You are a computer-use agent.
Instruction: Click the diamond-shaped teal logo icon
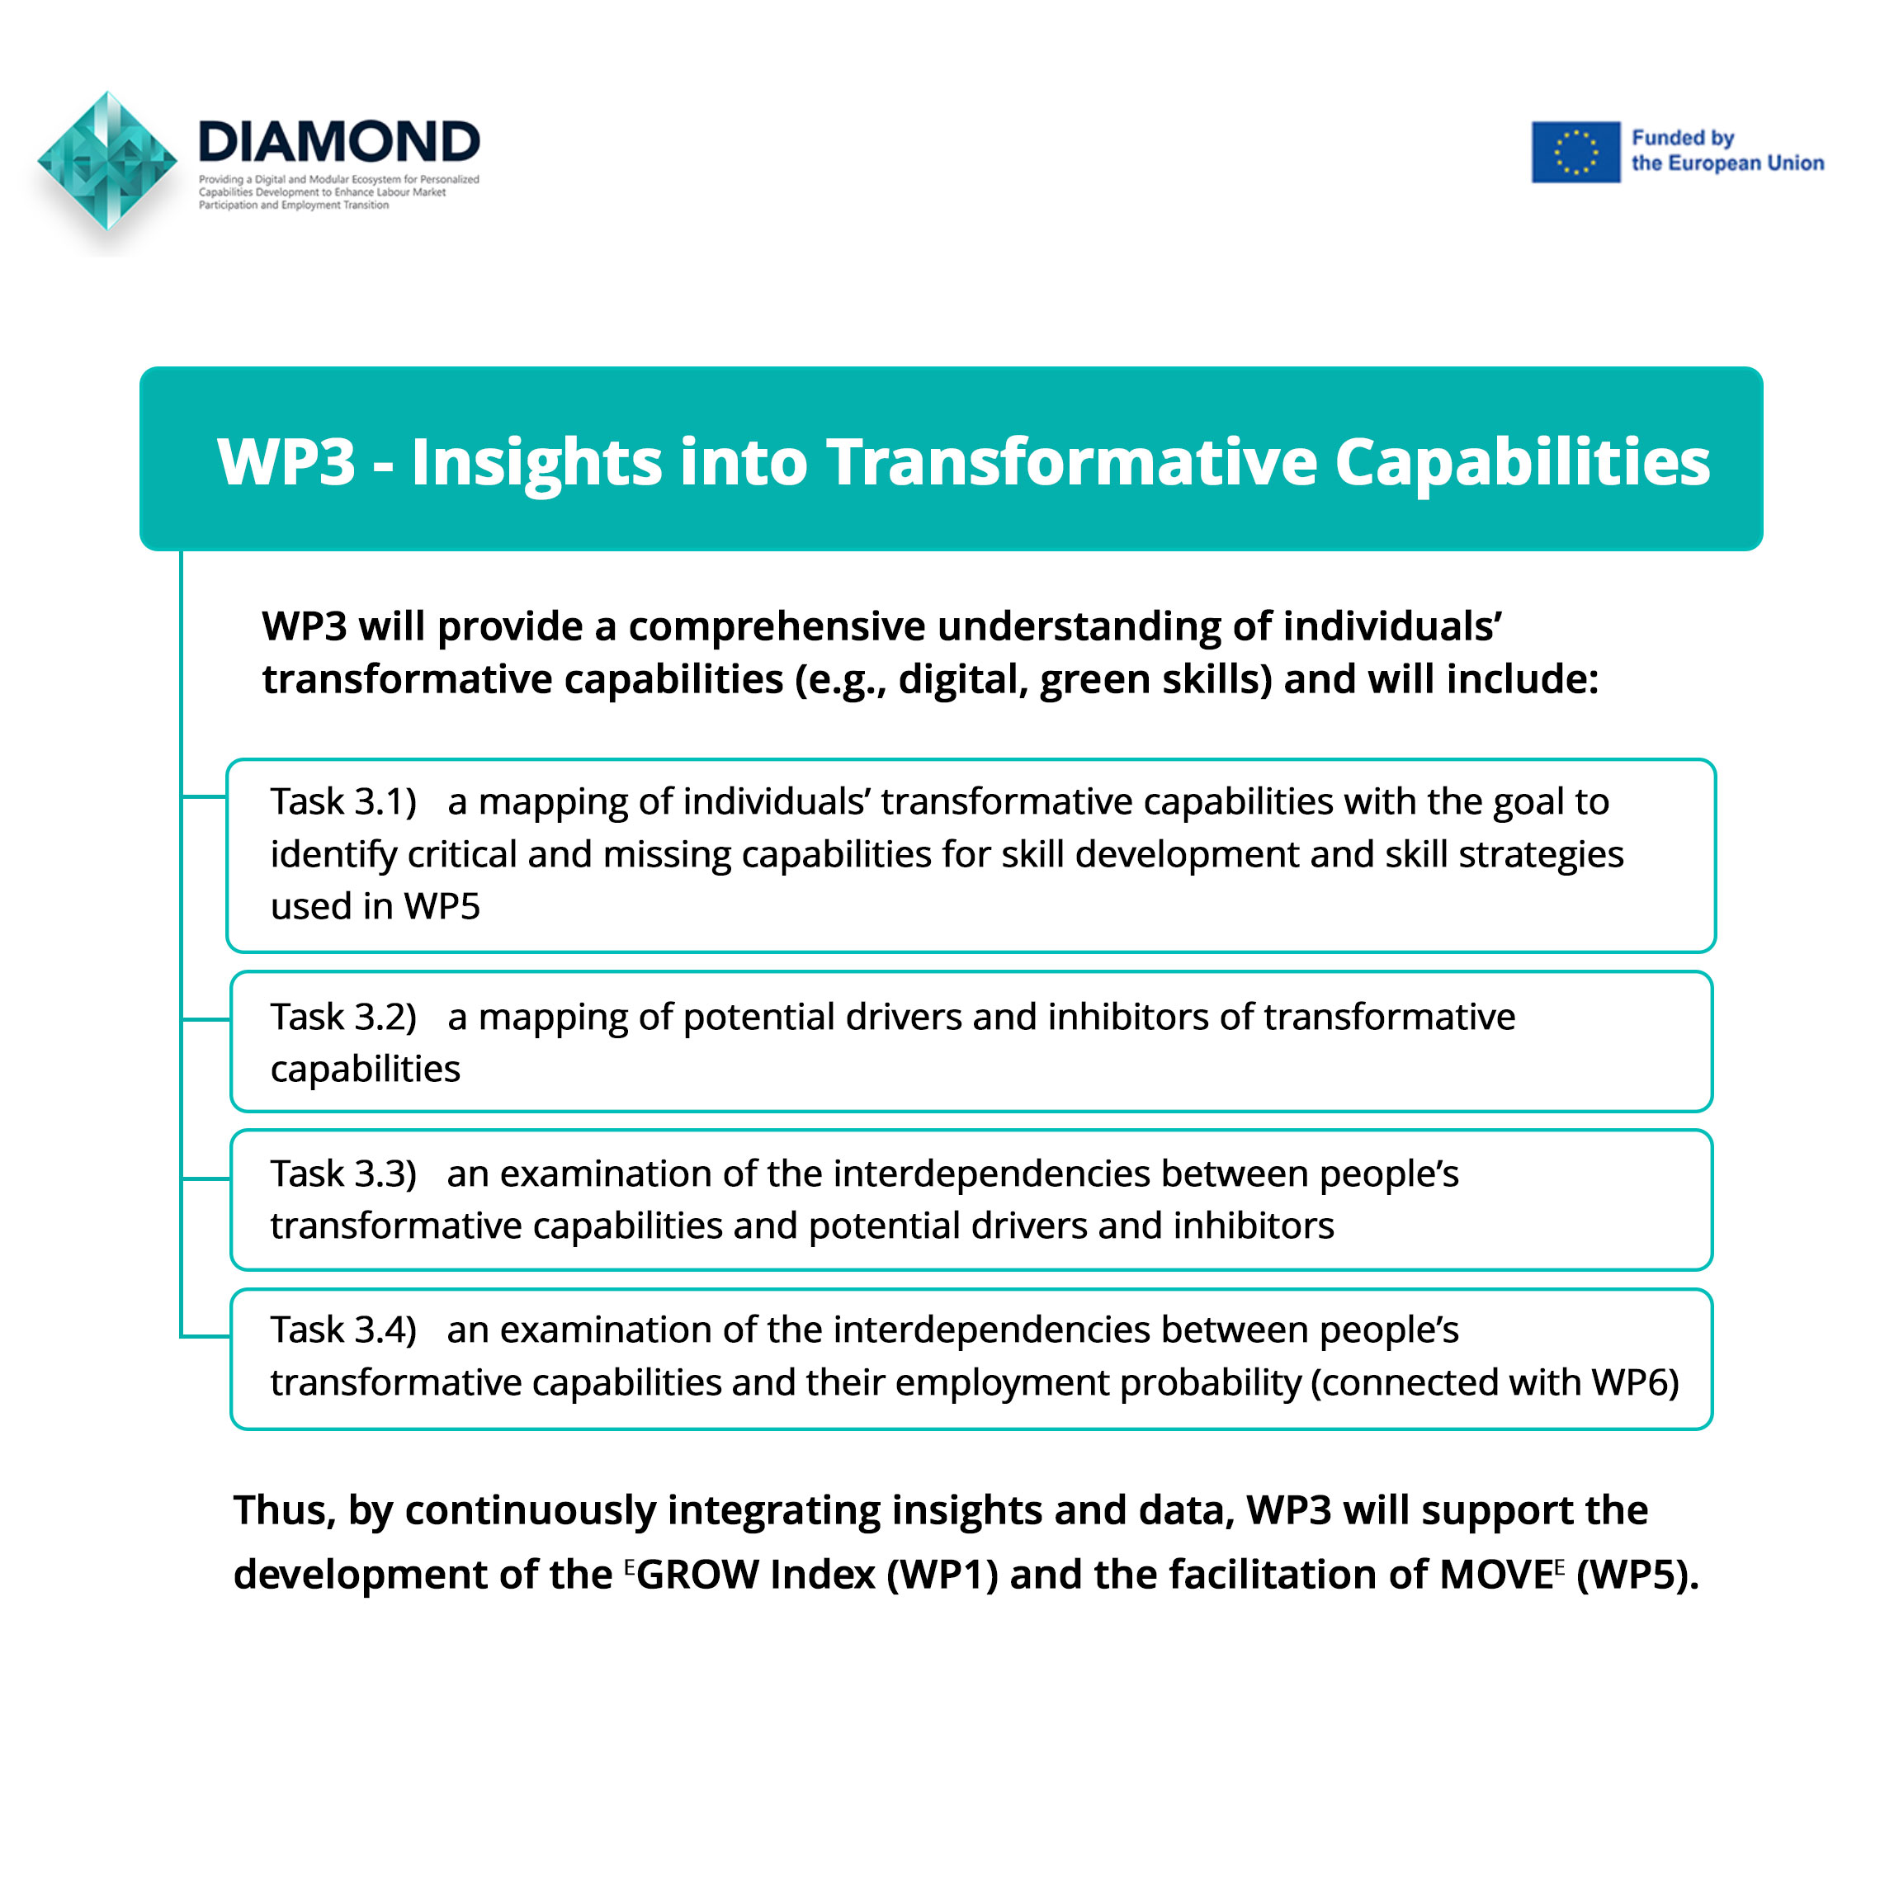click(x=108, y=162)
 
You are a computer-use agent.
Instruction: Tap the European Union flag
click(x=1575, y=152)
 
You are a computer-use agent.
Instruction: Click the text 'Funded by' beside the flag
click(x=1683, y=138)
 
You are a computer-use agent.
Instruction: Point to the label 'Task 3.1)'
click(x=343, y=802)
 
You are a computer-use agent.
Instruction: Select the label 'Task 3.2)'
click(x=343, y=1017)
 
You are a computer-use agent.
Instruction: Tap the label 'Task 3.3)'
click(x=343, y=1174)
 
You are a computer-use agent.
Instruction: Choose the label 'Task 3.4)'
click(x=343, y=1330)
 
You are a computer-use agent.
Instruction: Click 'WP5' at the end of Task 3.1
click(x=442, y=906)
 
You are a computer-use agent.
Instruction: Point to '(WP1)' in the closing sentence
click(x=942, y=1575)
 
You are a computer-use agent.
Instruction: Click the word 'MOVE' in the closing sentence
click(x=1495, y=1575)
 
